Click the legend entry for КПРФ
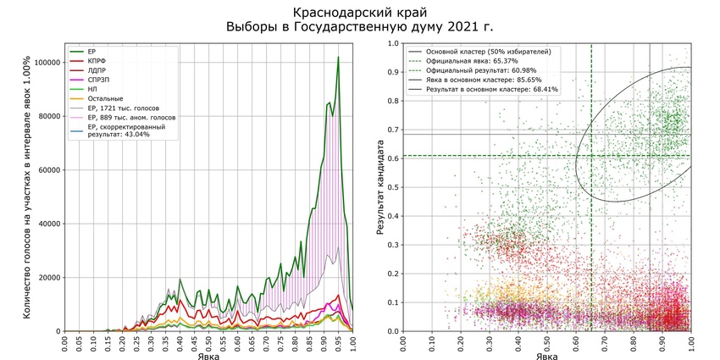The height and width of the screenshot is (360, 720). tap(98, 62)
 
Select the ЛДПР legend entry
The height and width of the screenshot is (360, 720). tap(98, 74)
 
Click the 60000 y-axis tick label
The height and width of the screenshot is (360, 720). tap(45, 170)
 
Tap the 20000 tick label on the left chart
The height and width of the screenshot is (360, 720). tap(45, 278)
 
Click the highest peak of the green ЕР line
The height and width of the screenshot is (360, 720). tap(338, 58)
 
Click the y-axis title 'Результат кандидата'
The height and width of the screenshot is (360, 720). tap(383, 186)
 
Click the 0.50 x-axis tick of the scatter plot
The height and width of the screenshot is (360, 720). tap(547, 342)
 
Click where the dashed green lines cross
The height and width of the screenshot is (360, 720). tap(591, 156)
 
